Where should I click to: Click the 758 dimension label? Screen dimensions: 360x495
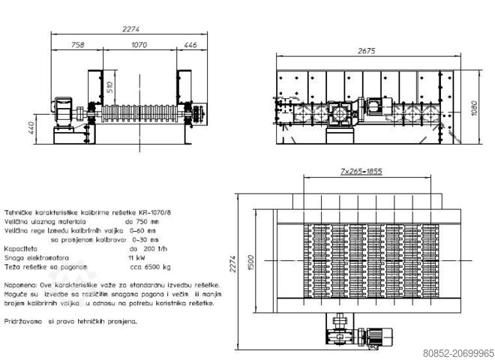pos(77,45)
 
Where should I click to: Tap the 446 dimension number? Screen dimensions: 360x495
pos(190,45)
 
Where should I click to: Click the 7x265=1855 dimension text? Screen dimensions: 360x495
pos(361,172)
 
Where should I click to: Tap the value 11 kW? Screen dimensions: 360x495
pos(136,256)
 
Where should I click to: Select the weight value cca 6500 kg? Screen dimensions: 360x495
pos(150,265)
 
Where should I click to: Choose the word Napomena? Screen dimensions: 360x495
pos(21,286)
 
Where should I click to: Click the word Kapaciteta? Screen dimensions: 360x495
pos(22,247)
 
